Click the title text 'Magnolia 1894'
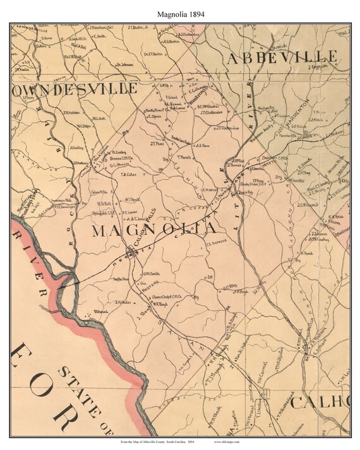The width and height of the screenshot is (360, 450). coord(180,11)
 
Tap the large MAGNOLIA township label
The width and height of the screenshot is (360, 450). coord(155,230)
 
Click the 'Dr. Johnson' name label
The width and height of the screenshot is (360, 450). coord(126,64)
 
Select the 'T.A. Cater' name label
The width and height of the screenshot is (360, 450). coord(129,175)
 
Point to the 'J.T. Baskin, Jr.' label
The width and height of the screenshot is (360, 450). coord(140,28)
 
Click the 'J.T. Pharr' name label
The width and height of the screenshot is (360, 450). coord(157,143)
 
